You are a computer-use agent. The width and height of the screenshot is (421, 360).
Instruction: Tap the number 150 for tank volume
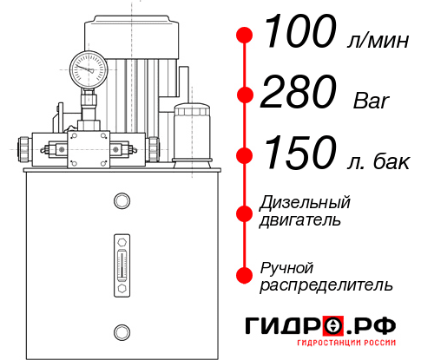coord(299,155)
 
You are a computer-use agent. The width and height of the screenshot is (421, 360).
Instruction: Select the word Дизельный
coord(306,203)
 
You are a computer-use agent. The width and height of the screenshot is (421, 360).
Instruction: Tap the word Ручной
coord(287,267)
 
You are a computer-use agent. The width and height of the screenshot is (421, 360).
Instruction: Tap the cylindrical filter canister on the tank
coord(191,133)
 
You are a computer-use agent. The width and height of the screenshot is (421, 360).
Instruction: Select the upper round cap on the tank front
coord(122,202)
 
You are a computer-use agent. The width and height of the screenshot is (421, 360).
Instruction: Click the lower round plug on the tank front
coord(122,331)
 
